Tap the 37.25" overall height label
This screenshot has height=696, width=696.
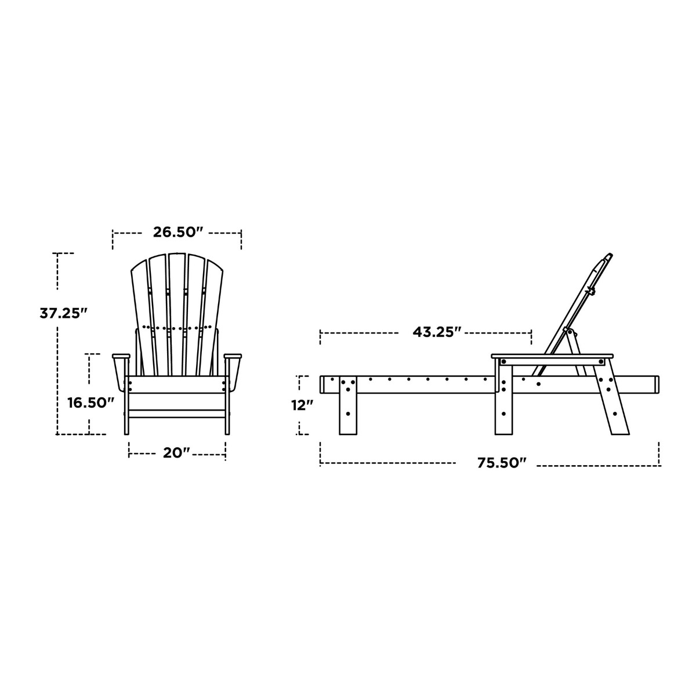coord(64,313)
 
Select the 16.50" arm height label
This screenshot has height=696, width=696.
coord(91,403)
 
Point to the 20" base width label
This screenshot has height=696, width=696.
coord(176,453)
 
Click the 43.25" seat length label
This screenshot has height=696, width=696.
coord(438,332)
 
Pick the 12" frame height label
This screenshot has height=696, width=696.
coord(302,405)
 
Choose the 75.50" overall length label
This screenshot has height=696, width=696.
coord(502,463)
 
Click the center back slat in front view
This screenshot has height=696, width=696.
coord(177,314)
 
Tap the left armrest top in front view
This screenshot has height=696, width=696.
coord(121,356)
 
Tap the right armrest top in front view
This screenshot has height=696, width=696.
coord(233,356)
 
